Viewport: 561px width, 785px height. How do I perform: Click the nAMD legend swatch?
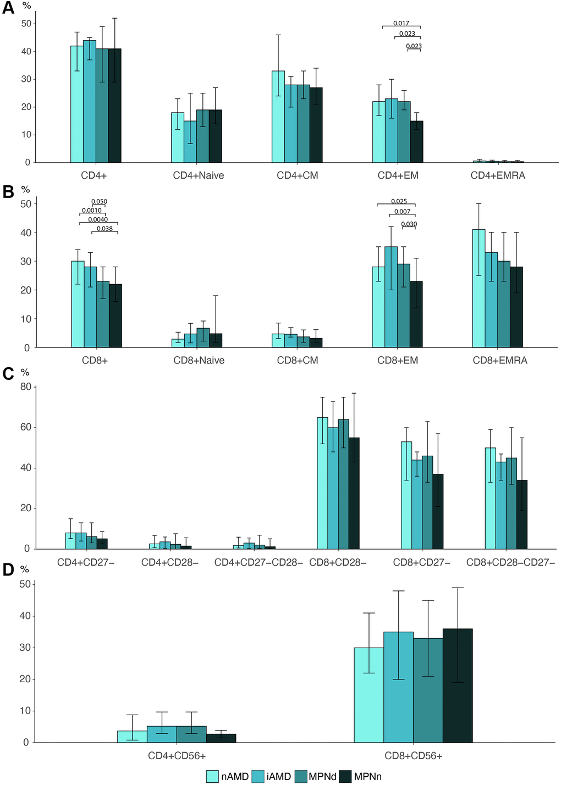pos(213,776)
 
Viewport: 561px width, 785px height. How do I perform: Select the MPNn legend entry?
pos(360,776)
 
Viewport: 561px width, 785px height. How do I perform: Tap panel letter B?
pos(8,191)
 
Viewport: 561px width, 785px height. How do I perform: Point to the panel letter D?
pos(8,570)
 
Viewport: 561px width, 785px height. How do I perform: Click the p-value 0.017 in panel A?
pos(401,23)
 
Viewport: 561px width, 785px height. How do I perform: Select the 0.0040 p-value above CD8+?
pos(98,219)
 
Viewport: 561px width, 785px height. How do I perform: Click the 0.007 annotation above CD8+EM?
pos(402,212)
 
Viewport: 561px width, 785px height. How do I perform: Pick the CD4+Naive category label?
pos(199,175)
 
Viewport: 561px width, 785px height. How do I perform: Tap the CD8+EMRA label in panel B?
pos(500,361)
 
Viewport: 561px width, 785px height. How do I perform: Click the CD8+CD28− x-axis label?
pos(338,562)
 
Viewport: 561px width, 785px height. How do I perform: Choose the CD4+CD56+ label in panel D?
pos(176,756)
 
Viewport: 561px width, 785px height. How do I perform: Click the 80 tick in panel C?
pos(25,387)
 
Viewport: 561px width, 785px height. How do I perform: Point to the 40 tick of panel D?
pos(25,616)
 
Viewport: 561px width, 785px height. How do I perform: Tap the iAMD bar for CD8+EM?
pos(391,297)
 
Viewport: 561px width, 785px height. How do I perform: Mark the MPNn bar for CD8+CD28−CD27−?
pos(521,515)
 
